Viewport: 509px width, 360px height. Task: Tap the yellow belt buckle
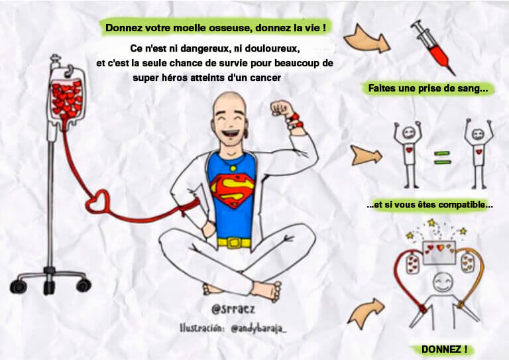pyautogui.click(x=234, y=243)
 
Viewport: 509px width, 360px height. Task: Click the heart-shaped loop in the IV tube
pyautogui.click(x=97, y=202)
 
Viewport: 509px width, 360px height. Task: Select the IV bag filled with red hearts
pyautogui.click(x=67, y=97)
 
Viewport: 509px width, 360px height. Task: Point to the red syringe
pyautogui.click(x=433, y=47)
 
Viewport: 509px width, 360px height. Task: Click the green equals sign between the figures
pyautogui.click(x=442, y=157)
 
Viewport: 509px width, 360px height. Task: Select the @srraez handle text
pyautogui.click(x=233, y=309)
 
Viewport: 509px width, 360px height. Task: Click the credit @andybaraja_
pyautogui.click(x=258, y=329)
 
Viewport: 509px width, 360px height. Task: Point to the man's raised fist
pyautogui.click(x=282, y=109)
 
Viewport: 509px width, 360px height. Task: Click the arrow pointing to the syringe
pyautogui.click(x=367, y=39)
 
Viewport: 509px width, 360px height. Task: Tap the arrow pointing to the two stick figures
pyautogui.click(x=366, y=155)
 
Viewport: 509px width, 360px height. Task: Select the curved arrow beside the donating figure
pyautogui.click(x=366, y=313)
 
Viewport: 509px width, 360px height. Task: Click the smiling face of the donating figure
pyautogui.click(x=443, y=282)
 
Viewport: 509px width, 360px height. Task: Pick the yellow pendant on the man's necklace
pyautogui.click(x=233, y=168)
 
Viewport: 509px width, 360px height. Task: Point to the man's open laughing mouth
pyautogui.click(x=230, y=133)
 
